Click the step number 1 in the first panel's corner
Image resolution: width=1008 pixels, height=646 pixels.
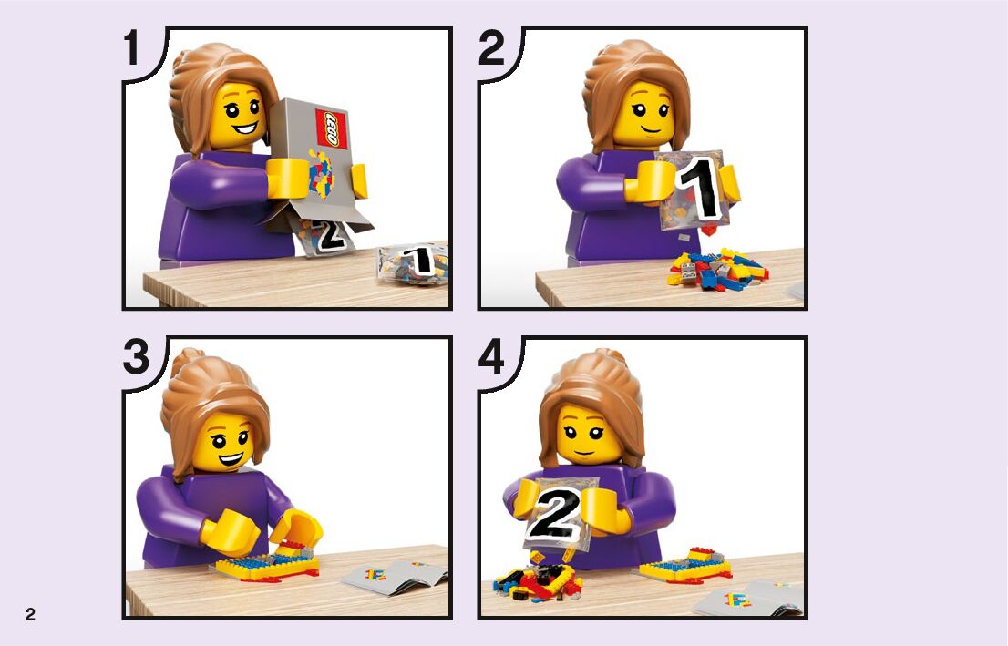point(132,48)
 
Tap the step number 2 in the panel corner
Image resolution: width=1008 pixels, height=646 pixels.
point(492,48)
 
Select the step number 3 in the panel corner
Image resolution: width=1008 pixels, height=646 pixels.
point(137,357)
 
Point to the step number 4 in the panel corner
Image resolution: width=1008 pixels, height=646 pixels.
point(492,357)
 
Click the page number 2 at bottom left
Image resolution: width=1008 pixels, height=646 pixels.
point(30,614)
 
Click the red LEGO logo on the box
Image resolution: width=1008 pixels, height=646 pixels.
point(332,128)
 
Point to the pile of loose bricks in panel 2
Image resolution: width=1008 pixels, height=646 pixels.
point(717,269)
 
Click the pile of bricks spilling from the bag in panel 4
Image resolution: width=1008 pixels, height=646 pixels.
point(537,581)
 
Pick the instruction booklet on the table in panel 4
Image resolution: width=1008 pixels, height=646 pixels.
point(749,597)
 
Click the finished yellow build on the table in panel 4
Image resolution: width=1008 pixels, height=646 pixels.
point(685,566)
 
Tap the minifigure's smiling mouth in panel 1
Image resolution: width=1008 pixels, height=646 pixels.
point(243,128)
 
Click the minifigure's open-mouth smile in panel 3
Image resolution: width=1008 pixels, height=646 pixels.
point(231,459)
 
